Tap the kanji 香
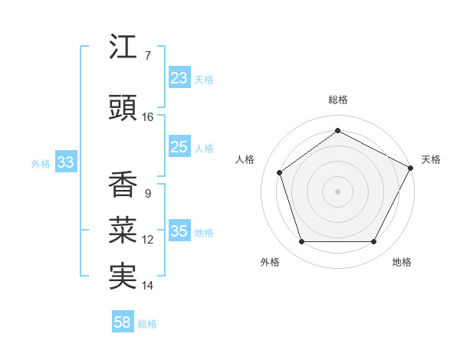(x=123, y=184)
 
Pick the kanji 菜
(x=123, y=230)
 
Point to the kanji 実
(x=123, y=276)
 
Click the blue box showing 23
(x=179, y=78)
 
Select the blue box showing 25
(x=179, y=147)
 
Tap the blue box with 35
(x=179, y=231)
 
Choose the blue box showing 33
(x=65, y=162)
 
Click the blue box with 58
(x=123, y=322)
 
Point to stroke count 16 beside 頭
(x=148, y=117)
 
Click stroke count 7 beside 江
(x=147, y=56)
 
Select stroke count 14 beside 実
(x=148, y=286)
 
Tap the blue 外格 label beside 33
(x=41, y=164)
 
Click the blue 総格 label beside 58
(x=147, y=324)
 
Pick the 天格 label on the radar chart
(x=431, y=159)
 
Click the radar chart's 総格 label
(x=338, y=100)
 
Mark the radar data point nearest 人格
(x=280, y=172)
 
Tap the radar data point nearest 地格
(x=374, y=242)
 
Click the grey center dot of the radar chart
(x=338, y=191)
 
